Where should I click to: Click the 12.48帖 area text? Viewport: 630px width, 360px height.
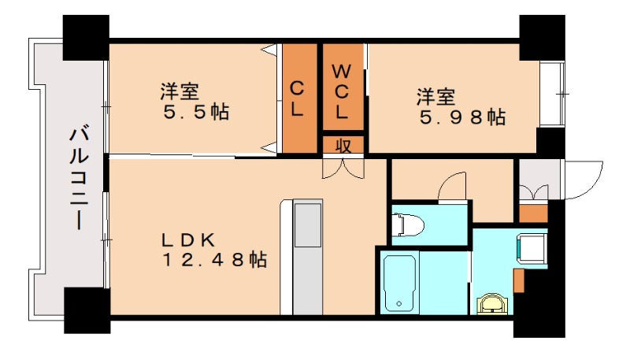[213, 258]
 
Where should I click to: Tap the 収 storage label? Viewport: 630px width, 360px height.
[343, 146]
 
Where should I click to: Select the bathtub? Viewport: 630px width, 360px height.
[399, 281]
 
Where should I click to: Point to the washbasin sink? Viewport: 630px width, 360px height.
[494, 303]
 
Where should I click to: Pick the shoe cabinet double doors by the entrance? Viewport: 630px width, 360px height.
[534, 192]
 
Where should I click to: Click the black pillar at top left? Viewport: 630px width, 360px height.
[85, 38]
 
